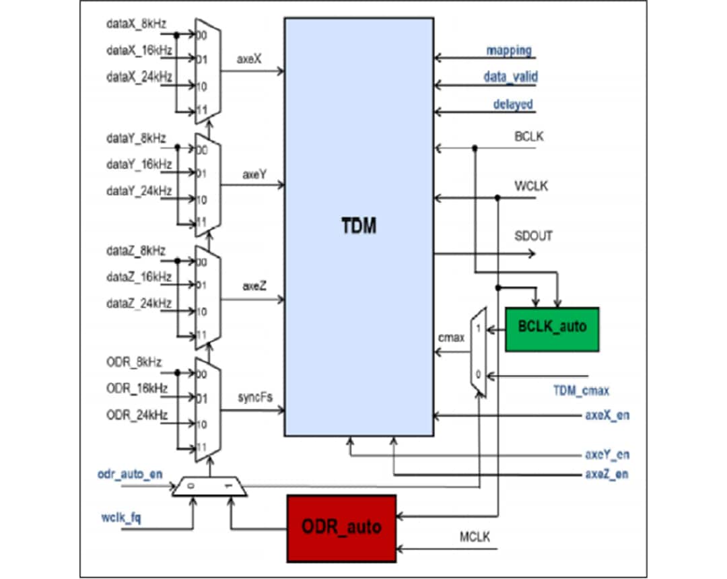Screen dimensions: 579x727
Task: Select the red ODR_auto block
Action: pos(341,527)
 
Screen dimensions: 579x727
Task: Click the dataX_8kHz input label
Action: pos(135,24)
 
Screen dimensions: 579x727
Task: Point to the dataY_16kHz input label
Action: pos(139,164)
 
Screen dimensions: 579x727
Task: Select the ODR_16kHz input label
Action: pos(137,388)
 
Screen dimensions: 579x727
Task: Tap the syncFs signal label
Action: pos(253,397)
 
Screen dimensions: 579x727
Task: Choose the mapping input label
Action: pos(509,50)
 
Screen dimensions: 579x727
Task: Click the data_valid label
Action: pos(510,77)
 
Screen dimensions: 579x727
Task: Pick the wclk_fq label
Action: pos(121,517)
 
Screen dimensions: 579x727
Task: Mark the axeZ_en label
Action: pos(607,474)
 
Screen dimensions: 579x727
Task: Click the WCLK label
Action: pos(531,185)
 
